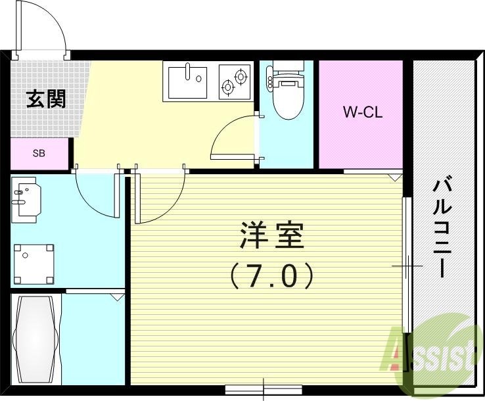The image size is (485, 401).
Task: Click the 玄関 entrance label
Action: click(45, 99)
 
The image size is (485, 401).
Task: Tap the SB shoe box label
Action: click(39, 154)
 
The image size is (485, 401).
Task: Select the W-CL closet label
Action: click(362, 112)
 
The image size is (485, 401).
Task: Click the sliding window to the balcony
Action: click(407, 263)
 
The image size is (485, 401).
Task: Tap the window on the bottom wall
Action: click(263, 389)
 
